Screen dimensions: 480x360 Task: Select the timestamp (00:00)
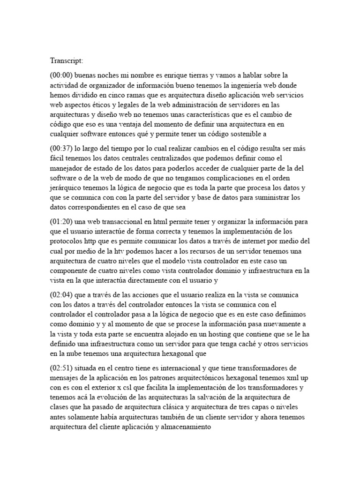(x=61, y=75)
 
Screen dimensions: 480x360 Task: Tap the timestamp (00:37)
(x=61, y=149)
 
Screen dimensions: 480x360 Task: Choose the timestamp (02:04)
(x=61, y=295)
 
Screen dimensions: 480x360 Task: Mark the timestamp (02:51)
(x=61, y=368)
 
